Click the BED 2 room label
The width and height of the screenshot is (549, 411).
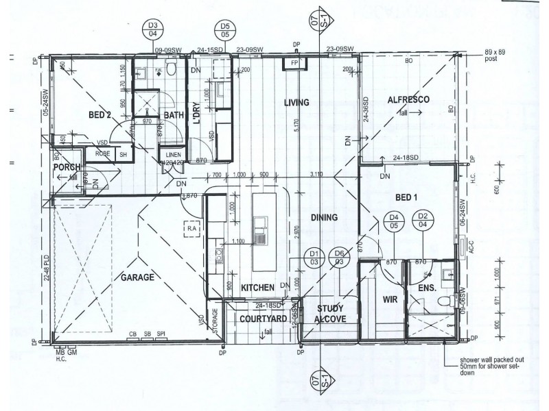point(100,114)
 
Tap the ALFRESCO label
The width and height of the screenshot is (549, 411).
point(408,100)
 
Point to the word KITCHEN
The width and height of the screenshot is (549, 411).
point(257,287)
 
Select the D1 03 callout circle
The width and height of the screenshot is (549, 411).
point(315,256)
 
